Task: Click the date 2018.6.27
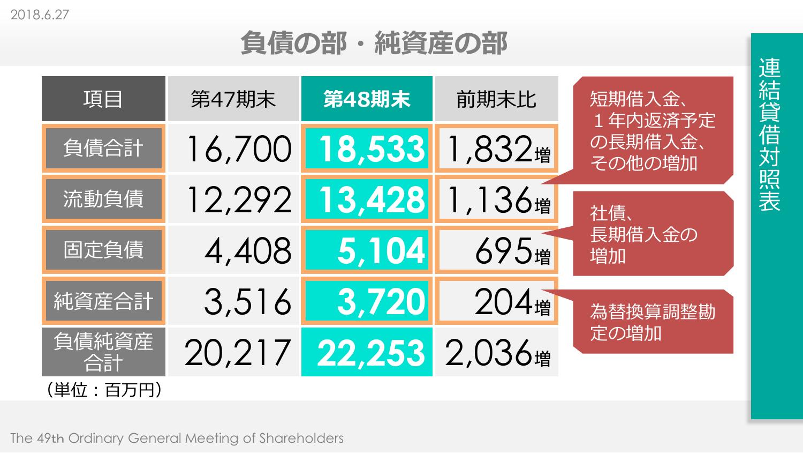point(40,14)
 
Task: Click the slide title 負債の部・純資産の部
point(373,43)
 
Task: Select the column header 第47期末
point(233,99)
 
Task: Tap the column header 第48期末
point(367,99)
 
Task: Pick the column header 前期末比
point(496,99)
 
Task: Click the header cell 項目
point(103,99)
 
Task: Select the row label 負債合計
point(103,148)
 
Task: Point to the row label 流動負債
point(103,199)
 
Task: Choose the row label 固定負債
point(103,250)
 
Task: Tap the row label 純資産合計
point(103,301)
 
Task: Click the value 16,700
point(239,149)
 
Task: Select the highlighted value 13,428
point(372,199)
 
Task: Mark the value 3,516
point(247,301)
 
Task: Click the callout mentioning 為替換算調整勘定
point(653,322)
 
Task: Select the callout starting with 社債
point(653,234)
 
